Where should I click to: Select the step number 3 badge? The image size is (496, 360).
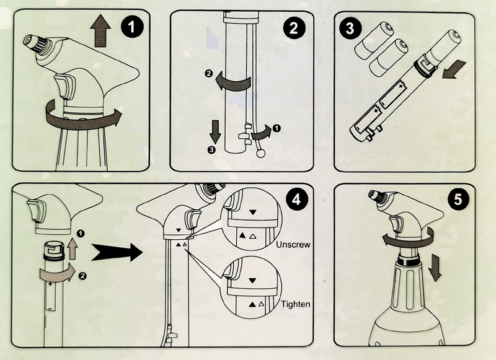(x=350, y=29)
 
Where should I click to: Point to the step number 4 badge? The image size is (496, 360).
(x=296, y=200)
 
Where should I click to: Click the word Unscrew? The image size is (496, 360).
(x=295, y=245)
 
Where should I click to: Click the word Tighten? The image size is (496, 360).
(x=295, y=304)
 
